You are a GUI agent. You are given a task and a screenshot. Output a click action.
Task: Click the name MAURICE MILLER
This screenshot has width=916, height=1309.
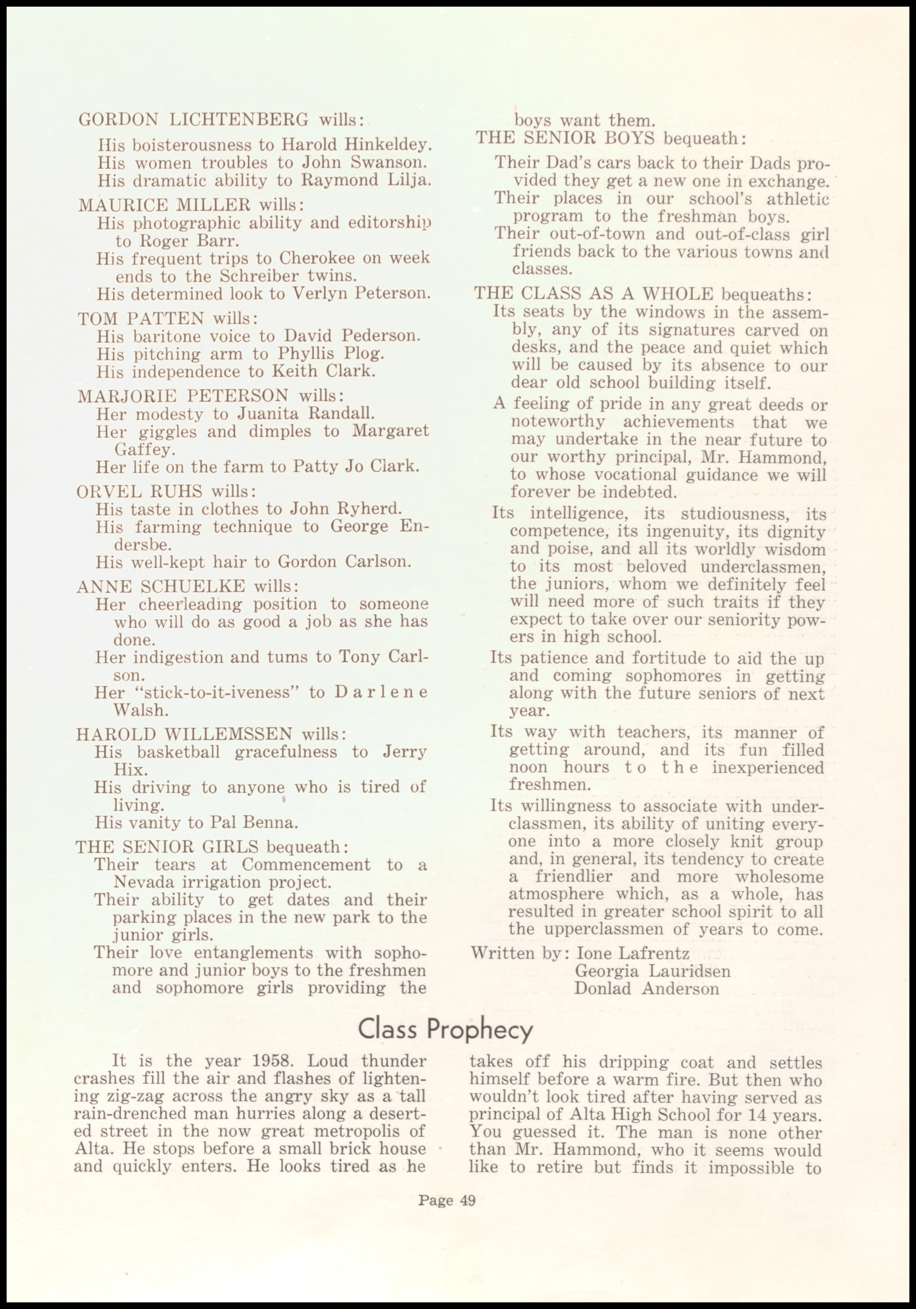click(x=165, y=205)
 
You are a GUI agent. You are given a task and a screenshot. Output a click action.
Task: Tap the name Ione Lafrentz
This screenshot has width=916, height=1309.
click(x=633, y=953)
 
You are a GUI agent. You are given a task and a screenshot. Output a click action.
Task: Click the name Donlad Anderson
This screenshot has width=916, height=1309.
click(x=647, y=988)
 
